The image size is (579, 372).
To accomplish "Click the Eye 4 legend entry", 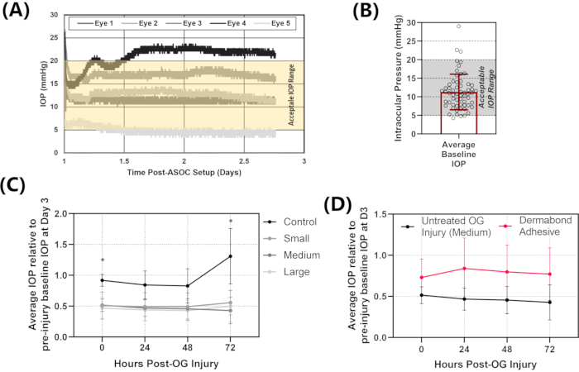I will coord(234,26).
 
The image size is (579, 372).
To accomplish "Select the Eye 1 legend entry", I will coord(95,26).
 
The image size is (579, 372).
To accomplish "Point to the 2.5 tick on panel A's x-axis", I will coord(244,161).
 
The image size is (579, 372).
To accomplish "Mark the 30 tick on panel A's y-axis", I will coord(55,15).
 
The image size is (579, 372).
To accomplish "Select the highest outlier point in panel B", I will coord(459,26).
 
